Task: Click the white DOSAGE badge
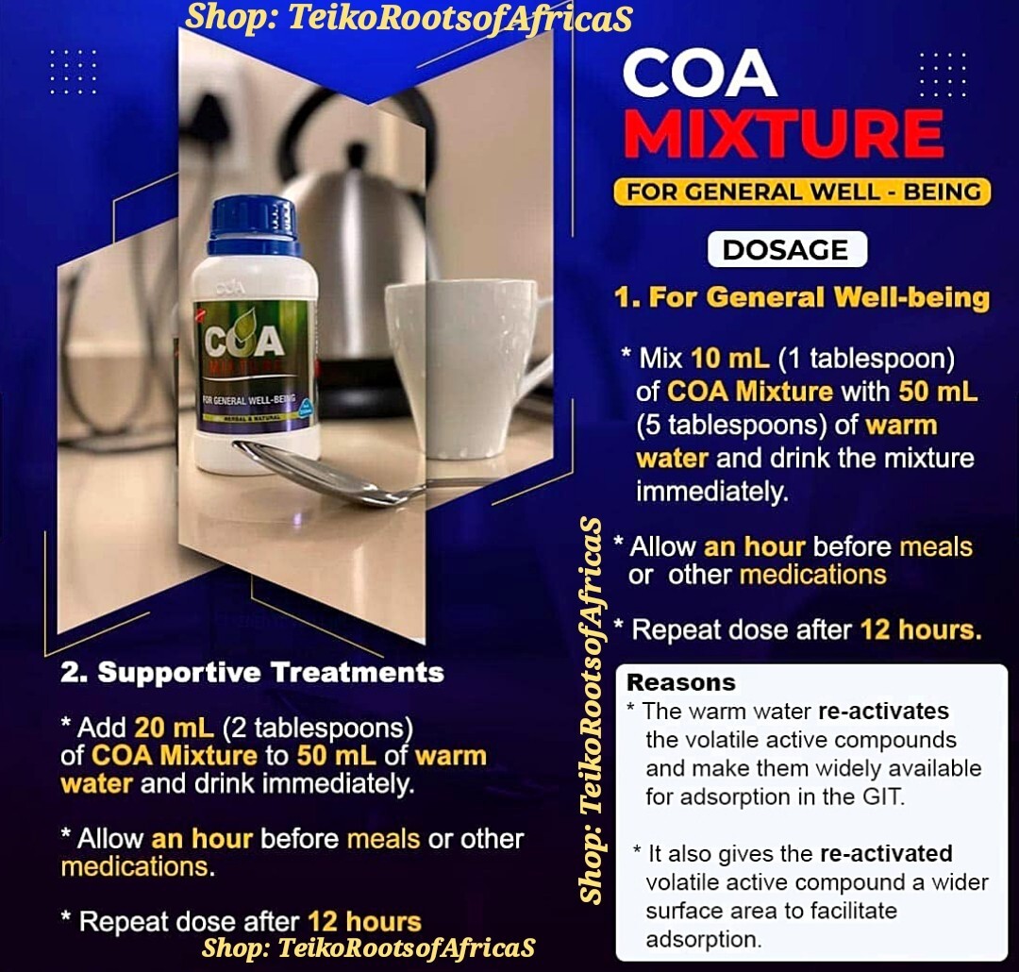786,250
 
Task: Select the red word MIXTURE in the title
783,134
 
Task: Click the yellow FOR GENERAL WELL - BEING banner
802,193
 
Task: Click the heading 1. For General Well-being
801,298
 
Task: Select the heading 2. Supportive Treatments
252,672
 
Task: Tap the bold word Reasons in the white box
680,682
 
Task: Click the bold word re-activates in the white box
883,711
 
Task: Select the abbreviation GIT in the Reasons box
882,796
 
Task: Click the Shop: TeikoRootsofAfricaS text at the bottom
369,947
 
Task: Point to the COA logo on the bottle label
244,341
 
